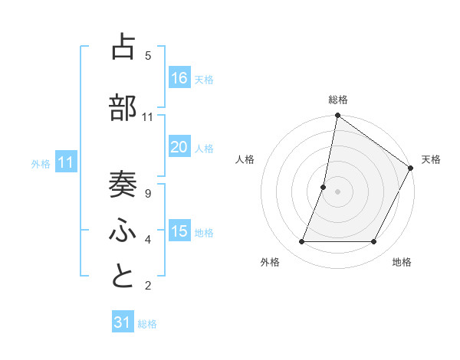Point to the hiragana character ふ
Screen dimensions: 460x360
pyautogui.click(x=123, y=230)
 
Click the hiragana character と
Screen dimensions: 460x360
pyautogui.click(x=123, y=276)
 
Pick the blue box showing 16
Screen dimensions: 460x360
pyautogui.click(x=179, y=78)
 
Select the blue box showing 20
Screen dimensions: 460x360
pyautogui.click(x=179, y=148)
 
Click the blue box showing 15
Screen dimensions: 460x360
pyautogui.click(x=179, y=232)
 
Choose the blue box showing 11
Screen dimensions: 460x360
pyautogui.click(x=66, y=162)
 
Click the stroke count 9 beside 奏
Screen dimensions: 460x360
pyautogui.click(x=147, y=194)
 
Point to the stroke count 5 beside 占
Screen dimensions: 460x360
pyautogui.click(x=147, y=55)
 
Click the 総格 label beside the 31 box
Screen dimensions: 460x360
pyautogui.click(x=147, y=324)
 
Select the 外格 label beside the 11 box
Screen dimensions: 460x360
pyautogui.click(x=41, y=163)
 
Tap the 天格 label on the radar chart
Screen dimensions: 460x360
pyautogui.click(x=431, y=159)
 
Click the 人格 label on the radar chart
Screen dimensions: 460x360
pyautogui.click(x=245, y=159)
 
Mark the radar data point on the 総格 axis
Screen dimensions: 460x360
pyautogui.click(x=337, y=116)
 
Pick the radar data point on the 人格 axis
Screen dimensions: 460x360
pyautogui.click(x=324, y=187)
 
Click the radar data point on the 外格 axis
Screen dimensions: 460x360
pyautogui.click(x=301, y=242)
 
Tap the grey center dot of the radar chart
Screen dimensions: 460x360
pyautogui.click(x=337, y=191)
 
